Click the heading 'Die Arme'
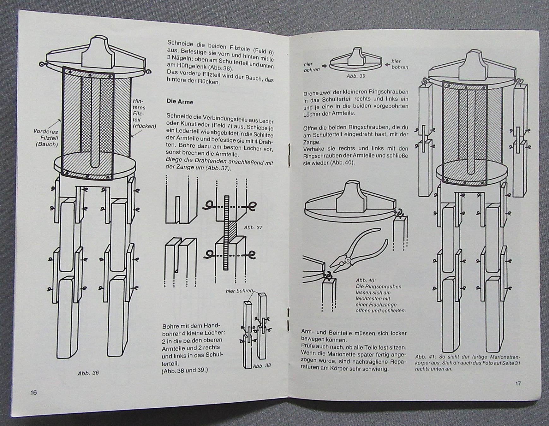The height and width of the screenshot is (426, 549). [180, 102]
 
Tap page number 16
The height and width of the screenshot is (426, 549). [33, 393]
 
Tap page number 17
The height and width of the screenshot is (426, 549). [518, 383]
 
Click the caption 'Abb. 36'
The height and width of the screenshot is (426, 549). [88, 373]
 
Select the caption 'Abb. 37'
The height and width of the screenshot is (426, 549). [253, 227]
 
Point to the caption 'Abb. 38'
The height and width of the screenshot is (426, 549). [262, 366]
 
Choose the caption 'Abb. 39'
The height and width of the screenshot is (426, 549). [356, 76]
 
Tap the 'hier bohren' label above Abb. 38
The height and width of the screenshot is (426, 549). [239, 291]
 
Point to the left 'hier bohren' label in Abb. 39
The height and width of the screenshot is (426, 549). [311, 67]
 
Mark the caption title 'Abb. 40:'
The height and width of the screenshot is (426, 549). [366, 280]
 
